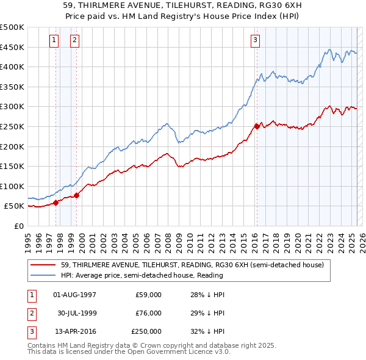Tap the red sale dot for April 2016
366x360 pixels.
[257, 126]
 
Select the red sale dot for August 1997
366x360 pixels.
[56, 203]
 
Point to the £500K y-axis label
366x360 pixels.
[12, 27]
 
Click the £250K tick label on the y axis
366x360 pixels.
[12, 126]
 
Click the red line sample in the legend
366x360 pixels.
[44, 264]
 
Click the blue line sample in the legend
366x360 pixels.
[44, 275]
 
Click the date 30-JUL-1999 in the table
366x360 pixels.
[76, 313]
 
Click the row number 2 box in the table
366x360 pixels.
[30, 313]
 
